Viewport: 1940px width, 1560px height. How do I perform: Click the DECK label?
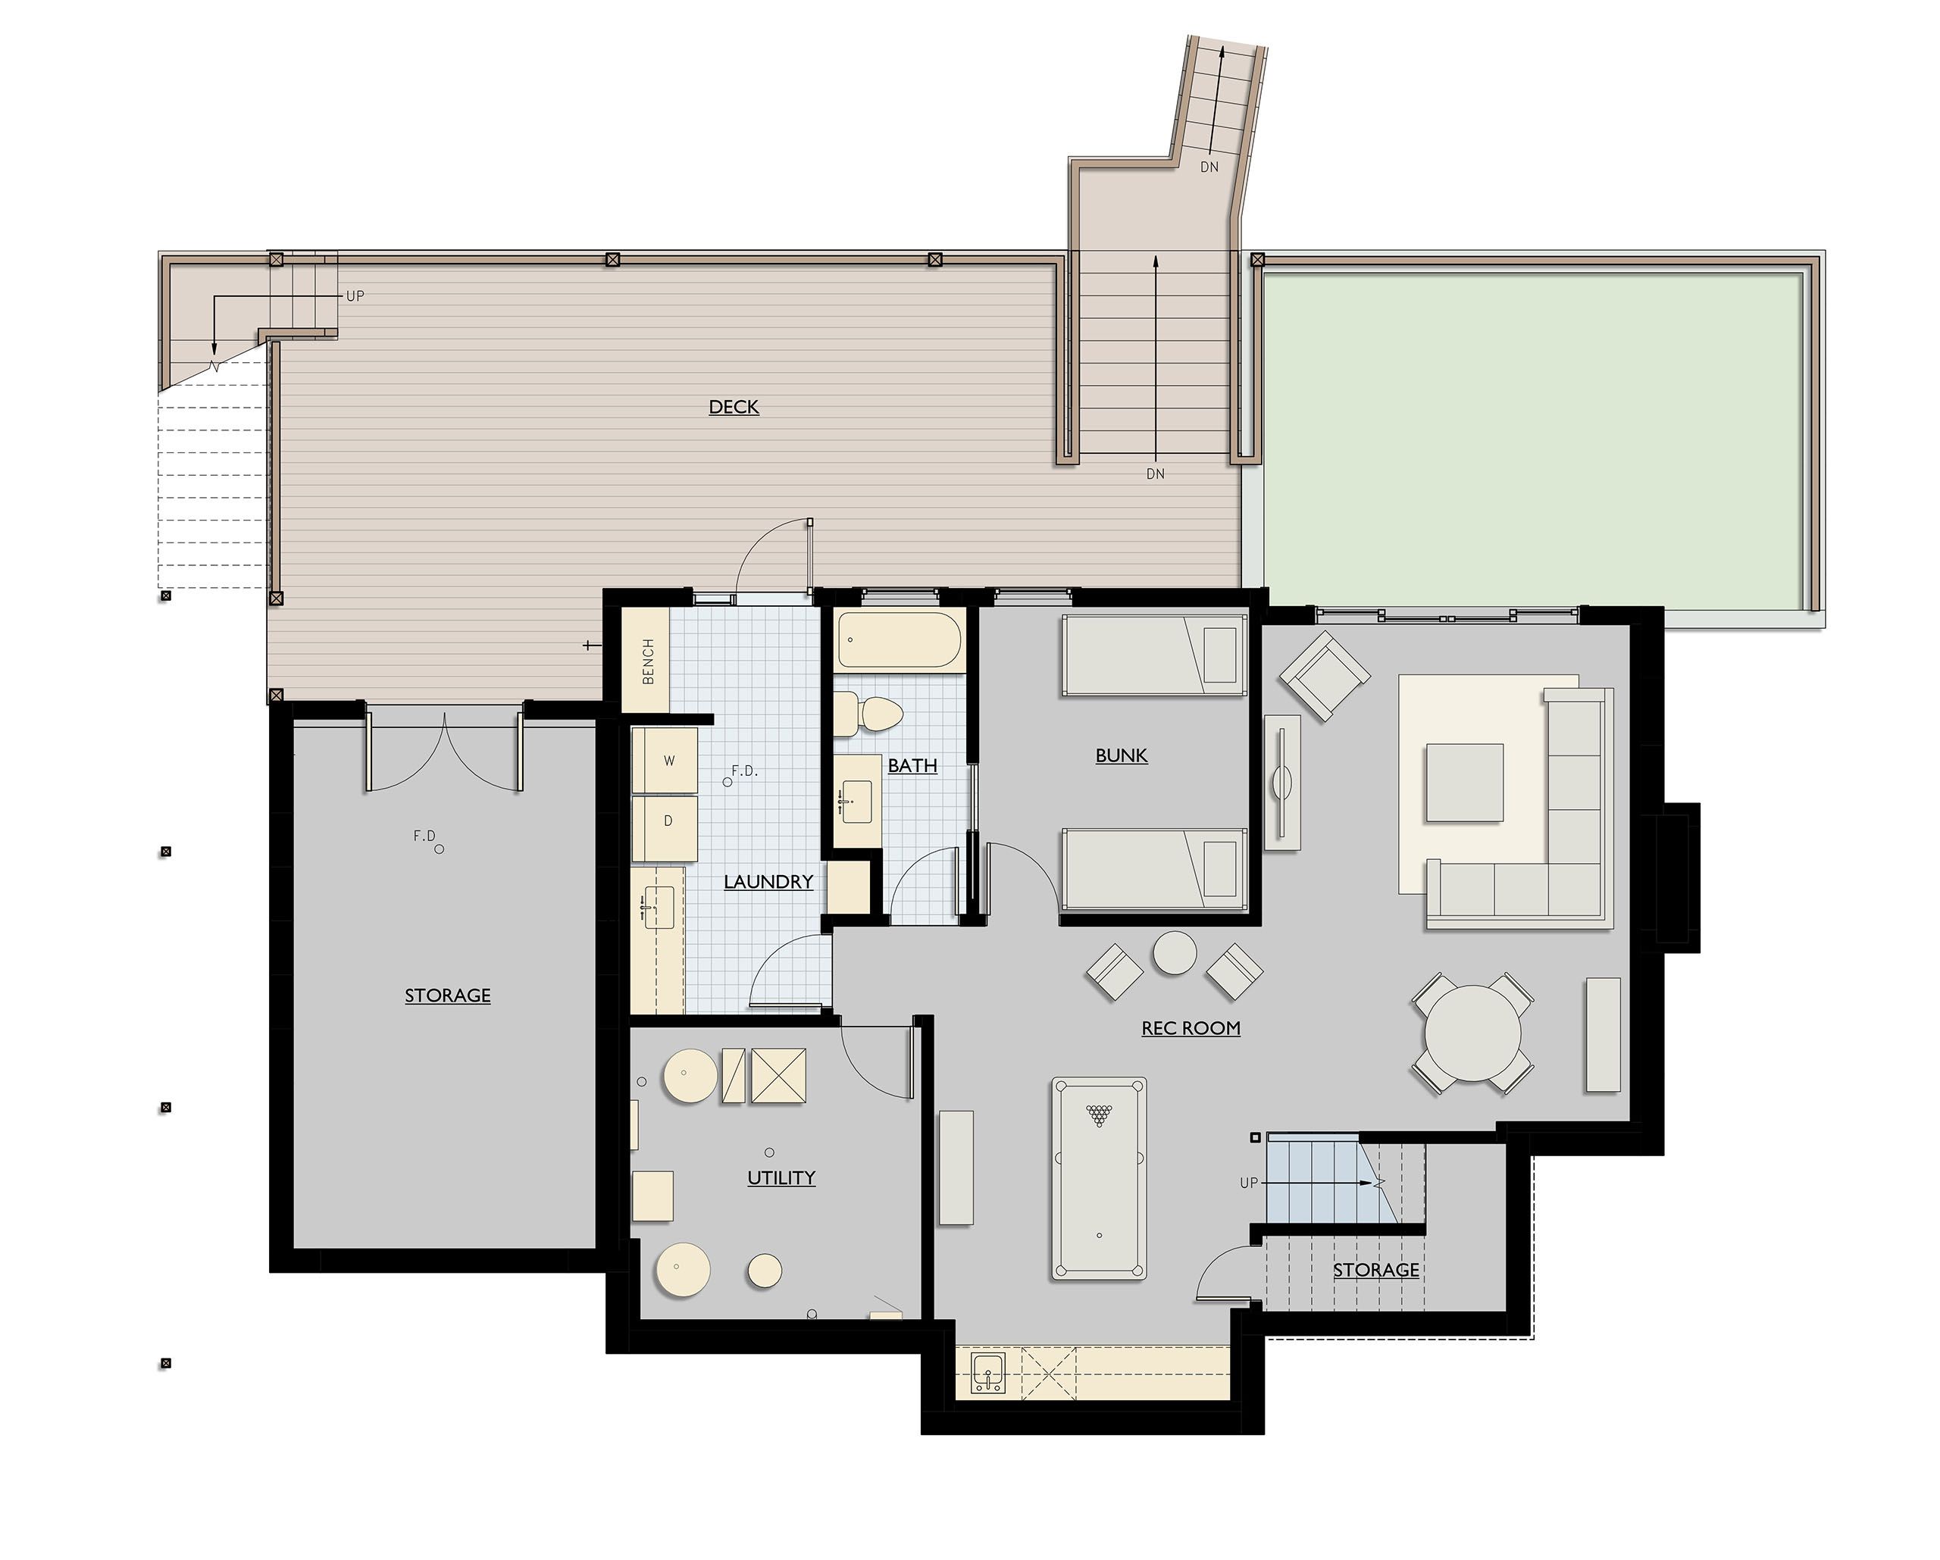[734, 407]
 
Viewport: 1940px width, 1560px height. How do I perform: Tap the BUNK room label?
[1121, 755]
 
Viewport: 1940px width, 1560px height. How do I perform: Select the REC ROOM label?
[1191, 1028]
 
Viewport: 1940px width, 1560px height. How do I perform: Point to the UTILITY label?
[781, 1177]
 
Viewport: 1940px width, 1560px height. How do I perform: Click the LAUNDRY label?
[768, 882]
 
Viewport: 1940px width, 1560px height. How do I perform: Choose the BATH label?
[912, 766]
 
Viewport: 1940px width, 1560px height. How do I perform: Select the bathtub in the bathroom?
[899, 640]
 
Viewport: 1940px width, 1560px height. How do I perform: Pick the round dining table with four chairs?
[1473, 1033]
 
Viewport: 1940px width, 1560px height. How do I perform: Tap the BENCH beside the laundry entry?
[647, 661]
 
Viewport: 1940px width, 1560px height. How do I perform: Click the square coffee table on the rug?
[1464, 783]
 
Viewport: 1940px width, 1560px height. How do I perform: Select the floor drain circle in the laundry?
[727, 782]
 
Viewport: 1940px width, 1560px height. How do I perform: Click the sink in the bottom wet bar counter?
[988, 1374]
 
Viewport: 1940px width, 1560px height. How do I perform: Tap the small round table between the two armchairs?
[1175, 952]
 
